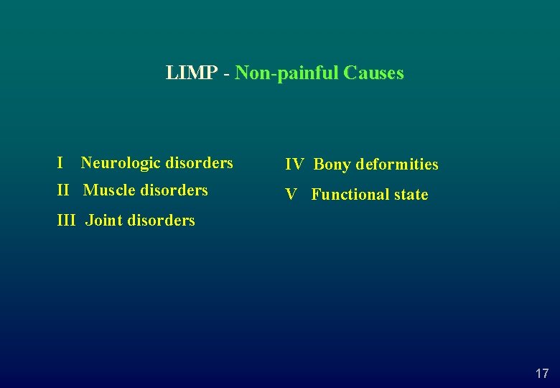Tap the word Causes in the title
click(373, 73)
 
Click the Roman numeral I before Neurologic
click(60, 163)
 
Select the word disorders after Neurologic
click(199, 163)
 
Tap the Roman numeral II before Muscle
click(63, 190)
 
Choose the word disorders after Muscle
click(174, 190)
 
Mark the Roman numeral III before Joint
click(66, 221)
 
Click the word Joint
click(103, 221)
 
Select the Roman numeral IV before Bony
click(294, 165)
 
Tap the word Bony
click(332, 165)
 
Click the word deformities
click(397, 165)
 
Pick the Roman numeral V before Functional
click(291, 195)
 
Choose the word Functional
click(349, 195)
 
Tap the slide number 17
click(542, 374)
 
